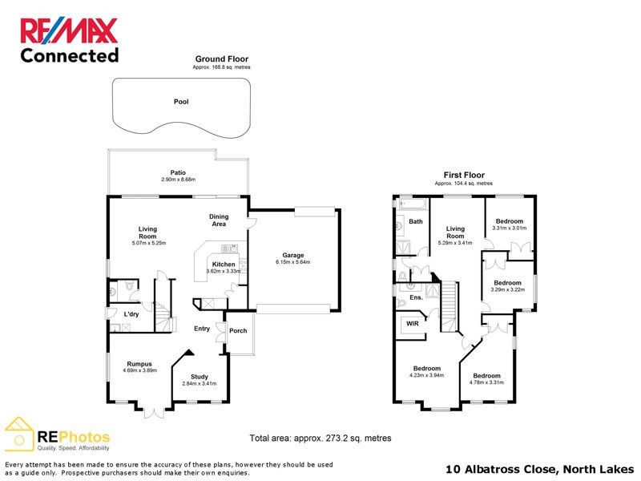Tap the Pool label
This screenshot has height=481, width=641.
pyautogui.click(x=181, y=102)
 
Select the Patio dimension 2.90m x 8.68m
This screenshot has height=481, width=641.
pyautogui.click(x=178, y=179)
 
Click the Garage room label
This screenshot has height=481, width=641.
pyautogui.click(x=292, y=256)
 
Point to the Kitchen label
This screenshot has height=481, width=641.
pyautogui.click(x=224, y=264)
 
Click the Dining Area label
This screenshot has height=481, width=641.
pyautogui.click(x=219, y=220)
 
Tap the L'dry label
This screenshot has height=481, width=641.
pyautogui.click(x=131, y=314)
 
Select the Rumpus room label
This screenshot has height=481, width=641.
pyautogui.click(x=139, y=364)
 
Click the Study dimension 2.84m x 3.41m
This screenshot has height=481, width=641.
pyautogui.click(x=200, y=384)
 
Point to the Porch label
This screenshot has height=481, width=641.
pyautogui.click(x=238, y=330)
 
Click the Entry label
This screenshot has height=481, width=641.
pyautogui.click(x=202, y=329)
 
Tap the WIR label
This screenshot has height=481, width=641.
pyautogui.click(x=413, y=324)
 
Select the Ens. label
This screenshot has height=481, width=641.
pyautogui.click(x=415, y=297)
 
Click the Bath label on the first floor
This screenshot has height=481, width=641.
pyautogui.click(x=416, y=221)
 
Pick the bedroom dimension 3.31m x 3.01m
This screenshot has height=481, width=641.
pyautogui.click(x=510, y=228)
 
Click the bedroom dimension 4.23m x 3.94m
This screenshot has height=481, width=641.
pyautogui.click(x=426, y=374)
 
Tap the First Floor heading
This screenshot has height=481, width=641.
pyautogui.click(x=464, y=175)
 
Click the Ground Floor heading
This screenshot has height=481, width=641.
pyautogui.click(x=222, y=59)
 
